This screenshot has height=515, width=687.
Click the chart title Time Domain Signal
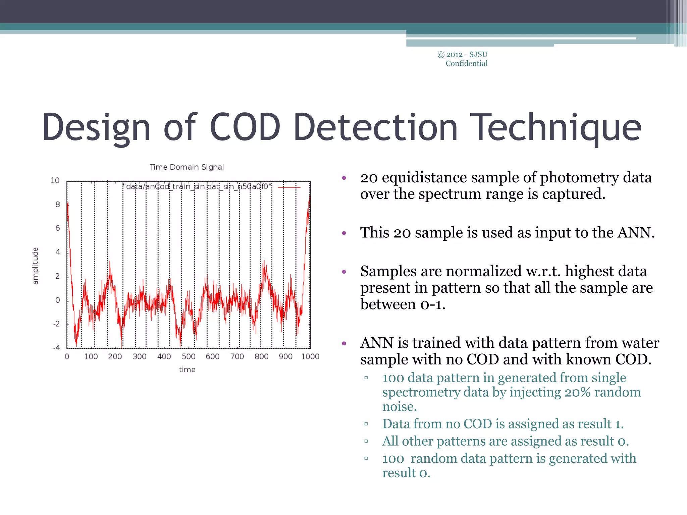pyautogui.click(x=187, y=167)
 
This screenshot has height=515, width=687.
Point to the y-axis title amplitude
pyautogui.click(x=35, y=266)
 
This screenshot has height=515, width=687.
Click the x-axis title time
pyautogui.click(x=187, y=369)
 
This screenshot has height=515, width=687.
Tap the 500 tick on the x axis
pyautogui.click(x=189, y=356)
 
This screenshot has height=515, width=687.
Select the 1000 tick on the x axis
pyautogui.click(x=310, y=356)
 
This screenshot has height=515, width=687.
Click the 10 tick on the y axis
pyautogui.click(x=55, y=180)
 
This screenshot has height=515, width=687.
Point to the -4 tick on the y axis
pyautogui.click(x=57, y=348)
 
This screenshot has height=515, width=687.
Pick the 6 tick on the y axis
pyautogui.click(x=58, y=228)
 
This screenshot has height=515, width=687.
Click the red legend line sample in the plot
pyautogui.click(x=289, y=187)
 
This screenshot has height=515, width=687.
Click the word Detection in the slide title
pyautogui.click(x=375, y=127)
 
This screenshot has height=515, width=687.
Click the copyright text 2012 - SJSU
pyautogui.click(x=467, y=55)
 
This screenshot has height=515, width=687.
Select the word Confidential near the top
pyautogui.click(x=466, y=64)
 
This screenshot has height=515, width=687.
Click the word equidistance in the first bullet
pyautogui.click(x=424, y=177)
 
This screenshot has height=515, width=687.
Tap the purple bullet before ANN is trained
pyautogui.click(x=344, y=343)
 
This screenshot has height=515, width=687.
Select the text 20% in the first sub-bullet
pyautogui.click(x=577, y=392)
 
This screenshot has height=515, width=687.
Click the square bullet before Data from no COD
pyautogui.click(x=366, y=424)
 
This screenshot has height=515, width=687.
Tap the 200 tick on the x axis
pyautogui.click(x=115, y=356)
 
